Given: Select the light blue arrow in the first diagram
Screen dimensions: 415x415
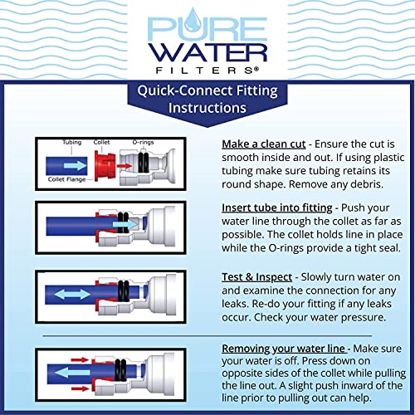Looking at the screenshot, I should (76, 167).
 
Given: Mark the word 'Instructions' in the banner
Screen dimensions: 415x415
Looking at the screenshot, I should (207, 109).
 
